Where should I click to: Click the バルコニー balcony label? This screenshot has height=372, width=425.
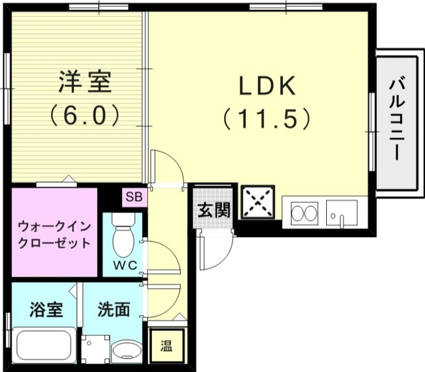[x=396, y=119]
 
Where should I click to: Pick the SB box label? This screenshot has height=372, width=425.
[x=134, y=197]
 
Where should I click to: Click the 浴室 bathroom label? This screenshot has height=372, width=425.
[x=46, y=309]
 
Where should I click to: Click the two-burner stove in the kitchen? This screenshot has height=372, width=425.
[x=304, y=214]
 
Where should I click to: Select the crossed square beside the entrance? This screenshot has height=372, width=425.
[x=258, y=202]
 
